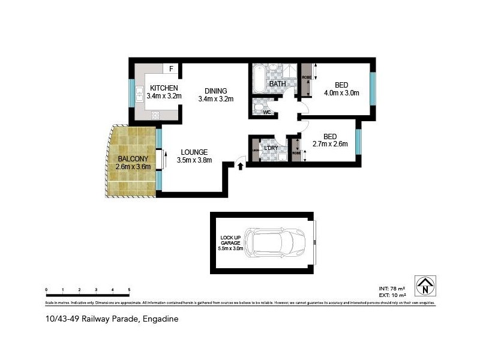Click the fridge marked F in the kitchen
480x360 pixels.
(x=171, y=69)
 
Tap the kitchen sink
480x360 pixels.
(x=139, y=92)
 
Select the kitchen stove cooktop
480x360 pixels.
(x=155, y=115)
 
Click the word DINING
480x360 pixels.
(x=215, y=91)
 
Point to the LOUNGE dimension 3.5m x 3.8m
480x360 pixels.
(x=194, y=160)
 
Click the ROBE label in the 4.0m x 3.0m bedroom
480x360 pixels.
(x=306, y=78)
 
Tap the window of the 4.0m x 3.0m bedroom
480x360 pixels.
(x=373, y=88)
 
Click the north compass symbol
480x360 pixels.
(x=425, y=286)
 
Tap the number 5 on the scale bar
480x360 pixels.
(x=129, y=290)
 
